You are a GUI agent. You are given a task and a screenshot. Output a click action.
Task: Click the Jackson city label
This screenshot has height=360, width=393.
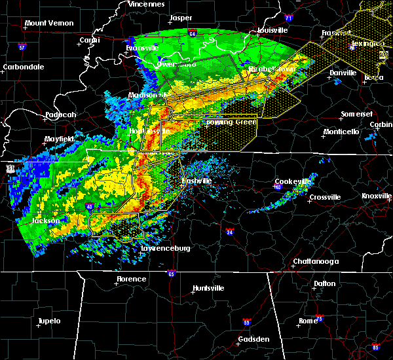pos(46,221)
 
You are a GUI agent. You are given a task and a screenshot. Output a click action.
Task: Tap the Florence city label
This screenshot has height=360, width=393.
pos(131,279)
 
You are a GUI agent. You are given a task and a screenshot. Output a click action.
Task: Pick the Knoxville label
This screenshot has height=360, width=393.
pos(377,196)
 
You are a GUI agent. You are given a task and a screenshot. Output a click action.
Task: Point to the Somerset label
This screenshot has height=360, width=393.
pos(356,115)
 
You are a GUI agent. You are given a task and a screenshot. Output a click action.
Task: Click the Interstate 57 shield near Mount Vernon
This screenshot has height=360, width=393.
pos(21,46)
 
